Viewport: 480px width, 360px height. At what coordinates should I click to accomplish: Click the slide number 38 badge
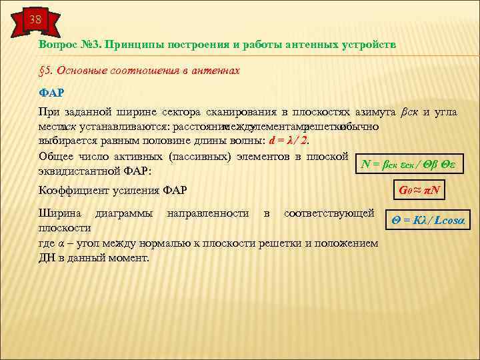[34, 20]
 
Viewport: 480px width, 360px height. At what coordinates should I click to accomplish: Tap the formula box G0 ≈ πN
[417, 191]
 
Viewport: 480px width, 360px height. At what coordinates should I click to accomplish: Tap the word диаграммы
[124, 214]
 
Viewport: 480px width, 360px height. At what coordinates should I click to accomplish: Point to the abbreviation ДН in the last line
[47, 257]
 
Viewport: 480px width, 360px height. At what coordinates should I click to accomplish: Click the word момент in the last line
[131, 257]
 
